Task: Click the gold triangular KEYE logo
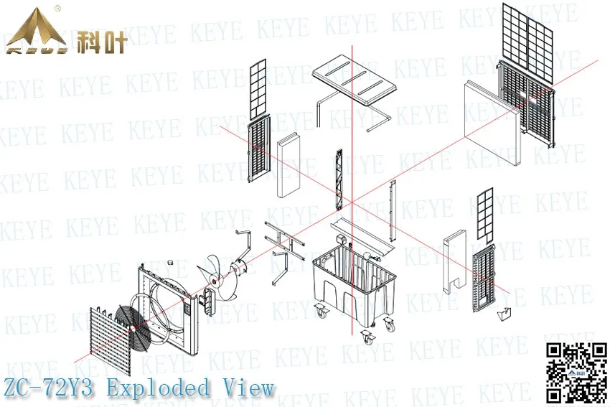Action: click(37, 34)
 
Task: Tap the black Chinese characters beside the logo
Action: click(102, 41)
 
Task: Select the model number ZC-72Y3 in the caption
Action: click(50, 388)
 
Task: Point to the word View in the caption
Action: click(248, 388)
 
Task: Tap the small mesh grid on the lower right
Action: click(486, 214)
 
